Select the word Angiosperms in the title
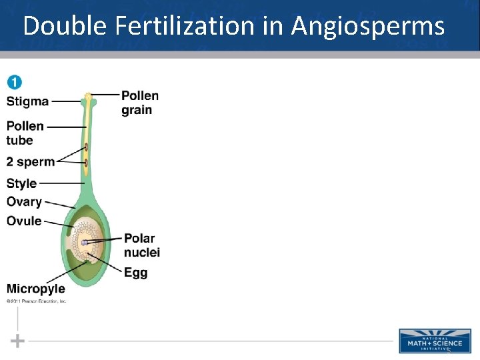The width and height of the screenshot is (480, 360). click(368, 26)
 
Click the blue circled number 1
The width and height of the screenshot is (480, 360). click(14, 83)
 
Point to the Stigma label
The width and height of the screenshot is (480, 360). click(27, 101)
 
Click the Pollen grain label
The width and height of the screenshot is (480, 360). click(140, 103)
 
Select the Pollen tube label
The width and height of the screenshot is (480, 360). click(25, 133)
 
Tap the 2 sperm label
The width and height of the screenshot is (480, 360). click(30, 162)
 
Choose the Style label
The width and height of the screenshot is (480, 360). click(21, 183)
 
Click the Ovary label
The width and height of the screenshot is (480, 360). click(24, 202)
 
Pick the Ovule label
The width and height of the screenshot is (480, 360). click(24, 221)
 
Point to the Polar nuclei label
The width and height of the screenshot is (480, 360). click(141, 245)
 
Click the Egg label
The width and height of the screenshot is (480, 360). click(135, 273)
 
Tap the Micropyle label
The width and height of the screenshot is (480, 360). click(36, 289)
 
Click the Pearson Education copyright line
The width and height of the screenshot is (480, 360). click(37, 301)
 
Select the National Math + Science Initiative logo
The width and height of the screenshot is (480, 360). click(435, 340)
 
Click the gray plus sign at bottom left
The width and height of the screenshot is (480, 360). click(18, 341)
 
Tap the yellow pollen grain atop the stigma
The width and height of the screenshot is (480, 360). click(88, 97)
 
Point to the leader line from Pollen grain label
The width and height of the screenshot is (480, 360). click(105, 95)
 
